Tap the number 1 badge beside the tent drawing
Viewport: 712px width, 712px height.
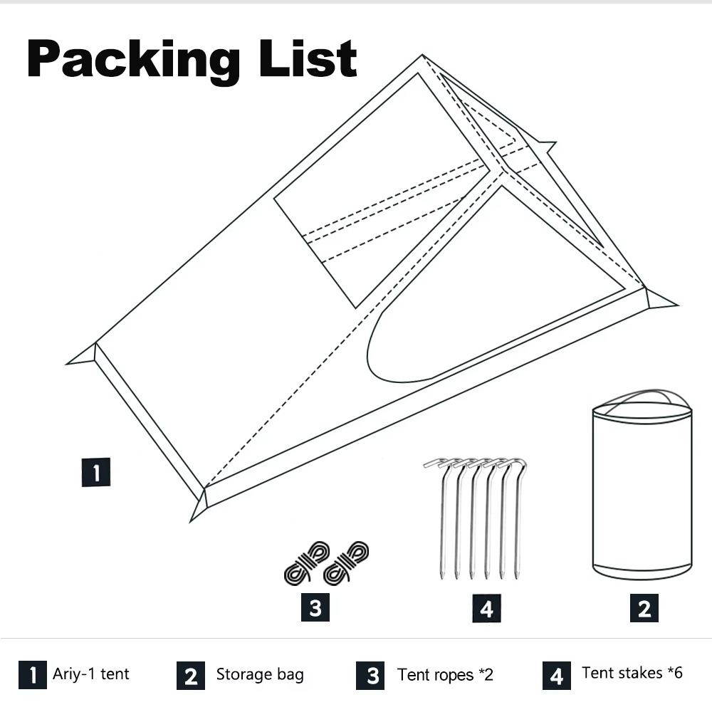pyautogui.click(x=96, y=472)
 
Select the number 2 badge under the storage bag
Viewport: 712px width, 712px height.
pyautogui.click(x=644, y=608)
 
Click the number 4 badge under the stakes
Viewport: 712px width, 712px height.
pyautogui.click(x=486, y=608)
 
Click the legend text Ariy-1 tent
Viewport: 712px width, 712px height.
pyautogui.click(x=91, y=674)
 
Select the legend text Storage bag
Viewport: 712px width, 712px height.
pyautogui.click(x=260, y=674)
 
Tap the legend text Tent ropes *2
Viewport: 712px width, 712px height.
pyautogui.click(x=445, y=674)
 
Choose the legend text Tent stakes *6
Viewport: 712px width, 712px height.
pyautogui.click(x=632, y=673)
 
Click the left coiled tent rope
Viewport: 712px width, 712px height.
pyautogui.click(x=306, y=562)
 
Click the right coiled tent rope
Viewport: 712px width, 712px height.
pyautogui.click(x=347, y=562)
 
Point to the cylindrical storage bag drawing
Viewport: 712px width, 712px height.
pyautogui.click(x=642, y=491)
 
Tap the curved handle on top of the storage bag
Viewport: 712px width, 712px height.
pyautogui.click(x=642, y=396)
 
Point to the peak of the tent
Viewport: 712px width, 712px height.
pyautogui.click(x=423, y=56)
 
